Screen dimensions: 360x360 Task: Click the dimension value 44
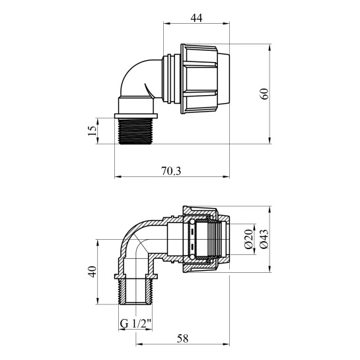pyautogui.click(x=196, y=18)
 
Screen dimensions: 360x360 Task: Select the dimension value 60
pyautogui.click(x=265, y=94)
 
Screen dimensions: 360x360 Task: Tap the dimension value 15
pyautogui.click(x=92, y=131)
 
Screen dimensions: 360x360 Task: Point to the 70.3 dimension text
pyautogui.click(x=171, y=171)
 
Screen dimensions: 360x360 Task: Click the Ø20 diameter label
pyautogui.click(x=248, y=239)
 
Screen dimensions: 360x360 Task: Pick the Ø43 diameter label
pyautogui.click(x=264, y=239)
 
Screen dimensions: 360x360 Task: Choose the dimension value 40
pyautogui.click(x=92, y=271)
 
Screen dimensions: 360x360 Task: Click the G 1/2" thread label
pyautogui.click(x=135, y=324)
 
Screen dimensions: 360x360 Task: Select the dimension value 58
pyautogui.click(x=182, y=339)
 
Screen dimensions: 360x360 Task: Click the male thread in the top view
pyautogui.click(x=135, y=131)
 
